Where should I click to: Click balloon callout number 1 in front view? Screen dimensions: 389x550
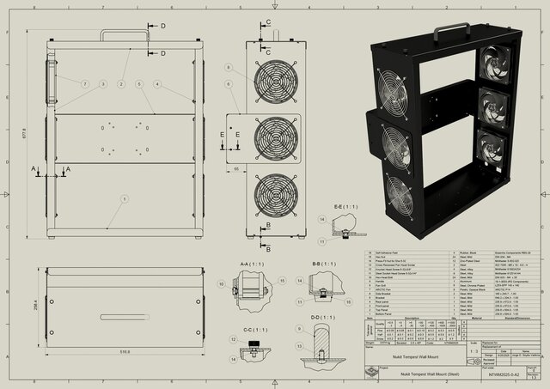click(125, 199)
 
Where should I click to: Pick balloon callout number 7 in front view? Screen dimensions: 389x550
click(85, 84)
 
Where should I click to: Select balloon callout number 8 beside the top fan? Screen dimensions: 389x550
click(229, 67)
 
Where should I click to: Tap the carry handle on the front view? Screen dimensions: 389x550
click(125, 35)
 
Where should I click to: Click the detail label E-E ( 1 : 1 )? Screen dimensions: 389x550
click(343, 206)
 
